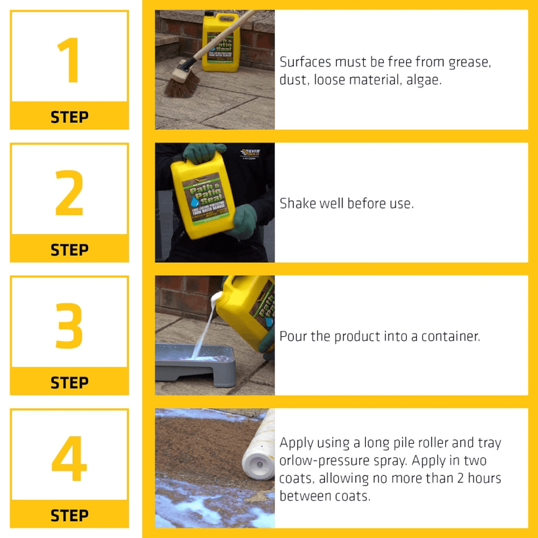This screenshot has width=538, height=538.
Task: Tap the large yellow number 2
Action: click(69, 193)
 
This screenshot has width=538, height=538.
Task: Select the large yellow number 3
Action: click(69, 325)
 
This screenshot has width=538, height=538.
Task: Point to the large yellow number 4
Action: click(69, 459)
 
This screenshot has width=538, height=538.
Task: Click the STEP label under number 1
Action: click(69, 117)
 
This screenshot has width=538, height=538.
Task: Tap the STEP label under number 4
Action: click(69, 516)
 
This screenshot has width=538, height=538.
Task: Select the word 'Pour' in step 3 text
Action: click(294, 336)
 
